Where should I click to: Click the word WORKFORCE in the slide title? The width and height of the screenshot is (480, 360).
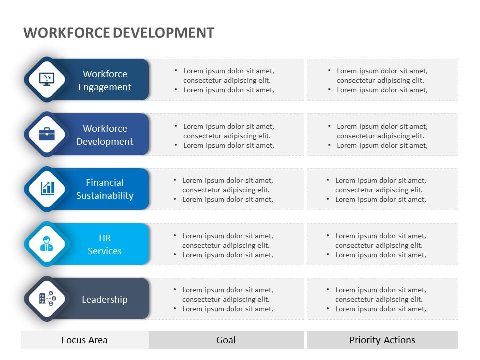[66, 33]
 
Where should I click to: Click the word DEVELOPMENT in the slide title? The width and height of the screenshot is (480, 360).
[163, 33]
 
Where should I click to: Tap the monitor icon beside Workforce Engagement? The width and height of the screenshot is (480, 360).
[47, 79]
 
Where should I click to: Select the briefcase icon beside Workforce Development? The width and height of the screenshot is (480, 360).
[47, 134]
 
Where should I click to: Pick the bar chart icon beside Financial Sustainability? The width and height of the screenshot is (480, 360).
[47, 188]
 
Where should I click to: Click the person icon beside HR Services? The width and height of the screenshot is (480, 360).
[47, 244]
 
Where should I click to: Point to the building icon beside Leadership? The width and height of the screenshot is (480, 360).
[47, 299]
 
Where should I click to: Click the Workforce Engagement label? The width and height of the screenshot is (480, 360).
[105, 80]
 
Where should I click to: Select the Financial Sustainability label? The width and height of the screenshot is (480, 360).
[105, 189]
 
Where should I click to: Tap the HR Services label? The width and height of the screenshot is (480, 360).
[105, 244]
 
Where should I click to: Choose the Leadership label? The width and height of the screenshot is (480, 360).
[105, 299]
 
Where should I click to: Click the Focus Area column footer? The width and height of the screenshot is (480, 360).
[84, 340]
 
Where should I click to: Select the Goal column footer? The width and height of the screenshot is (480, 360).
[226, 340]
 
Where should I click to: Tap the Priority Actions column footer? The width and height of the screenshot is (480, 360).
[382, 340]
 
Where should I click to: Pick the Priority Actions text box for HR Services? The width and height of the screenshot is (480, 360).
[382, 245]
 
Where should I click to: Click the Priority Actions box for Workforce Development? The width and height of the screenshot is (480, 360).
[382, 135]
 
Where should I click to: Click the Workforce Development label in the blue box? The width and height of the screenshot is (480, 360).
[105, 135]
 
